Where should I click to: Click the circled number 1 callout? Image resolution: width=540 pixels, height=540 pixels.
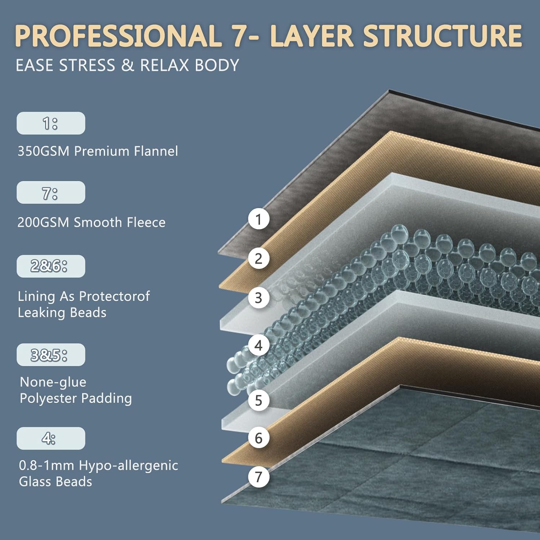point(258,219)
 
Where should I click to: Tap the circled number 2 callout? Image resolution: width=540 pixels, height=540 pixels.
point(258,258)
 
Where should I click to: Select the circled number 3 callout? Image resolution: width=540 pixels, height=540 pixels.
point(258,298)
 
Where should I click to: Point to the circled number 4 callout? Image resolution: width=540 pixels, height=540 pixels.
point(258,345)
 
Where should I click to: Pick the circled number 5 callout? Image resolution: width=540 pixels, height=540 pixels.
point(258,400)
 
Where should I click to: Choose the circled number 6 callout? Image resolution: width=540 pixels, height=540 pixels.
point(258,438)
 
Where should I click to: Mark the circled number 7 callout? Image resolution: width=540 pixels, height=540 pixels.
point(258,477)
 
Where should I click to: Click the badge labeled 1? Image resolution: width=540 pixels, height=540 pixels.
point(51,123)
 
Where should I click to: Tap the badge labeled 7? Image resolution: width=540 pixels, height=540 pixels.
point(51,193)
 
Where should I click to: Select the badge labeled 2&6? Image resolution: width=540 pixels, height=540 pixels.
point(51,266)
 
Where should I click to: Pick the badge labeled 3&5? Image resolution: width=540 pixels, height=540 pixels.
point(51,355)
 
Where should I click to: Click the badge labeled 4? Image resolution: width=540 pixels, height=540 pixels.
point(51,438)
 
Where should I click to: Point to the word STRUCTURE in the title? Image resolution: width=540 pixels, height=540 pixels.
point(442,36)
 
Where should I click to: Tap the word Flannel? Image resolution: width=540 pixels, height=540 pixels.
point(156,151)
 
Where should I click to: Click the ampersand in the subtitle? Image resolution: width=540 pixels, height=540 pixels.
point(127,66)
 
